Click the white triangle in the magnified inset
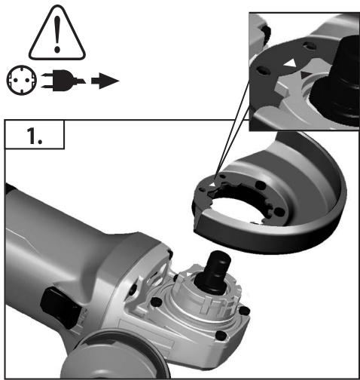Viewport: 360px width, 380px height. pos(288,69)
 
